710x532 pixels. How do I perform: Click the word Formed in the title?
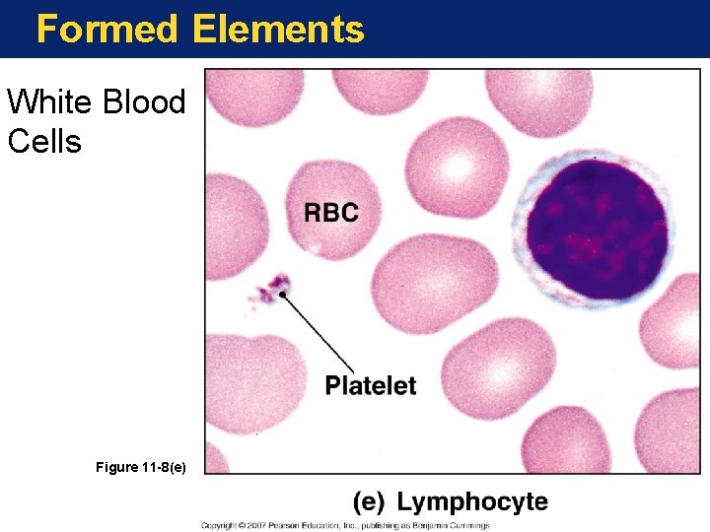[106, 30]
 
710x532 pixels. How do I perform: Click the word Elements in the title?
[278, 30]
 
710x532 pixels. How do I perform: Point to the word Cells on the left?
[44, 141]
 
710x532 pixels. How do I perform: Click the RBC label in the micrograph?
[330, 212]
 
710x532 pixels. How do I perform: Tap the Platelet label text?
[371, 386]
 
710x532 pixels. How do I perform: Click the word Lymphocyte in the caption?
[472, 501]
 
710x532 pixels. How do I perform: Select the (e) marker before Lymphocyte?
[369, 501]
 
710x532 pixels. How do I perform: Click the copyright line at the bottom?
[345, 525]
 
